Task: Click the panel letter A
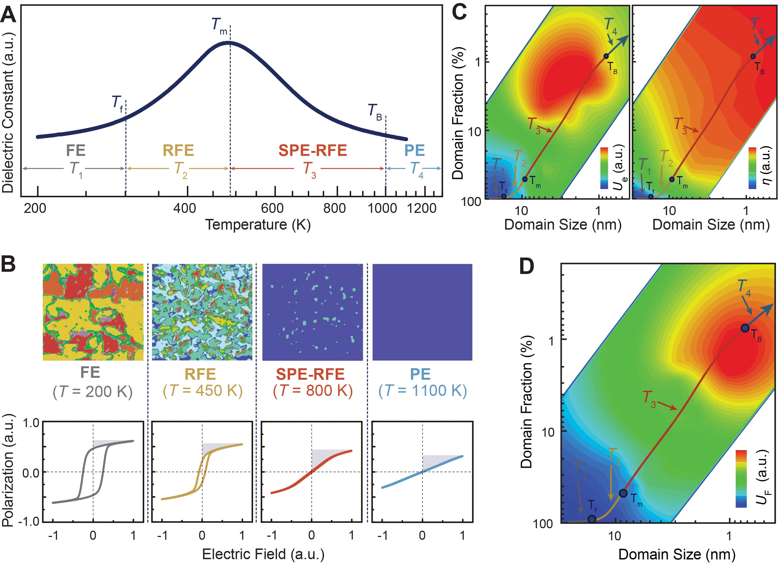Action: (8, 16)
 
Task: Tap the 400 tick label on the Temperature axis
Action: (185, 208)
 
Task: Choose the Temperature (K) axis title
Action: (258, 224)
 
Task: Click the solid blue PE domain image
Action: (422, 312)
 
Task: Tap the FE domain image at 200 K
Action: (93, 312)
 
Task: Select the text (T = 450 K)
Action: (203, 390)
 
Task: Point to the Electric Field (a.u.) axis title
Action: (263, 554)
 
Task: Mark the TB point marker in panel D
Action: (745, 328)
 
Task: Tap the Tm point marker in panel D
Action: (623, 493)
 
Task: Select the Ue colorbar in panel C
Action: (604, 168)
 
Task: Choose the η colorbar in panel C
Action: (752, 168)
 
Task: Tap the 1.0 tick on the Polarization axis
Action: (31, 423)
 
